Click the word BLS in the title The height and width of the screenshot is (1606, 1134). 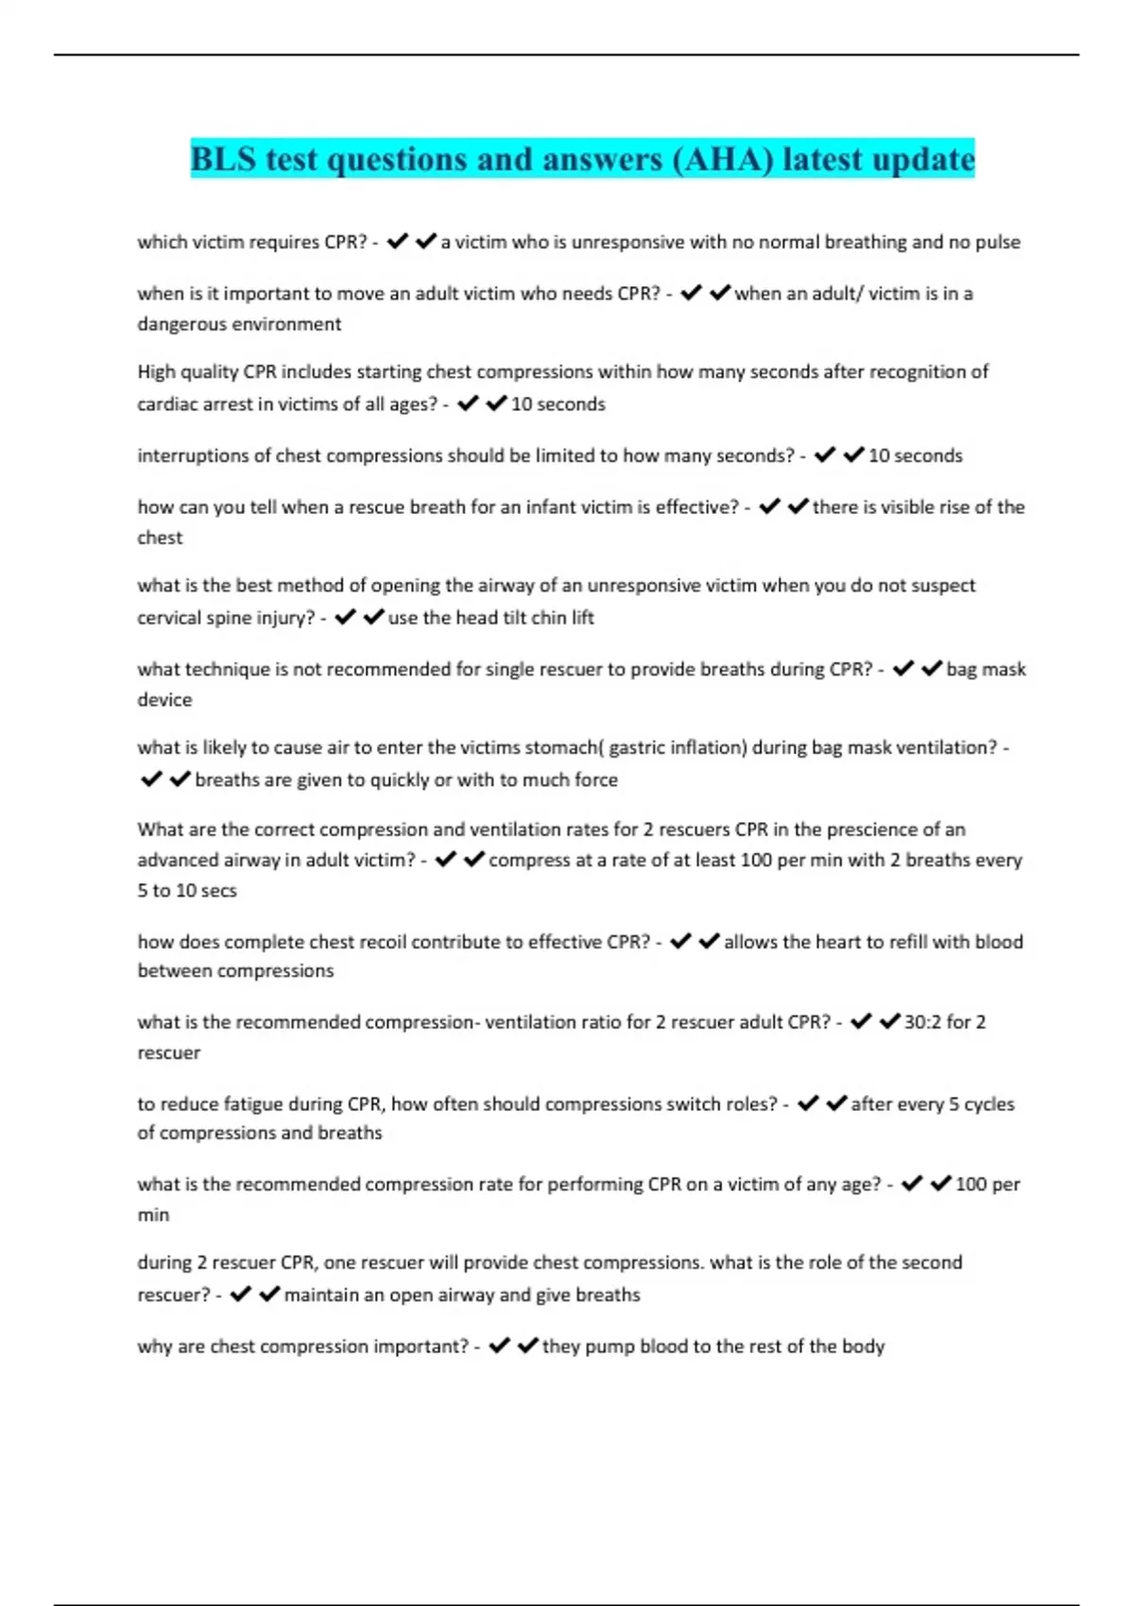point(223,159)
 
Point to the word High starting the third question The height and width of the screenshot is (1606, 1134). point(156,372)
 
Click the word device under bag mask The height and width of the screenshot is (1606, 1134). point(164,700)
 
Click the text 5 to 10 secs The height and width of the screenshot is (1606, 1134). point(187,891)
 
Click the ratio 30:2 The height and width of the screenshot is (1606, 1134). point(922,1022)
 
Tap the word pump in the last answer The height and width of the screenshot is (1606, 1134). point(610,1346)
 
